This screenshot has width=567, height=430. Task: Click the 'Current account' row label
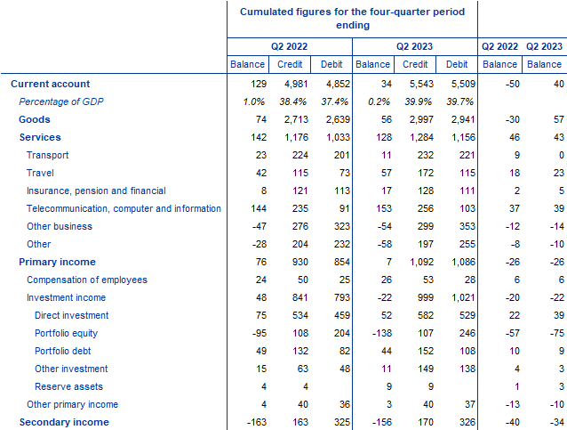coord(50,84)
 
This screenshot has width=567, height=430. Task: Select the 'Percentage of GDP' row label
coord(61,101)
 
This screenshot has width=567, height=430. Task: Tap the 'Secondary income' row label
coord(64,422)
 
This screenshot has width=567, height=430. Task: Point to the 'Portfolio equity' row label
coord(71,333)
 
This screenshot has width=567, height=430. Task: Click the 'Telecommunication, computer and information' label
coord(124,208)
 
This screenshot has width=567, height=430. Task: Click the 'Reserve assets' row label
coord(68,386)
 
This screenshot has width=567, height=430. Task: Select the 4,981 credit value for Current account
coord(290,84)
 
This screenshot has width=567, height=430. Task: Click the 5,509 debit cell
coord(454,84)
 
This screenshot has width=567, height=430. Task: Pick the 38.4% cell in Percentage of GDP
coord(290,101)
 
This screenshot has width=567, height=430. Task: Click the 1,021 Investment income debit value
coord(454,297)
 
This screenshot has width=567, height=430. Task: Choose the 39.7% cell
coord(454,101)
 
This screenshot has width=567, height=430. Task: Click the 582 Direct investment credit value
coord(418,315)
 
